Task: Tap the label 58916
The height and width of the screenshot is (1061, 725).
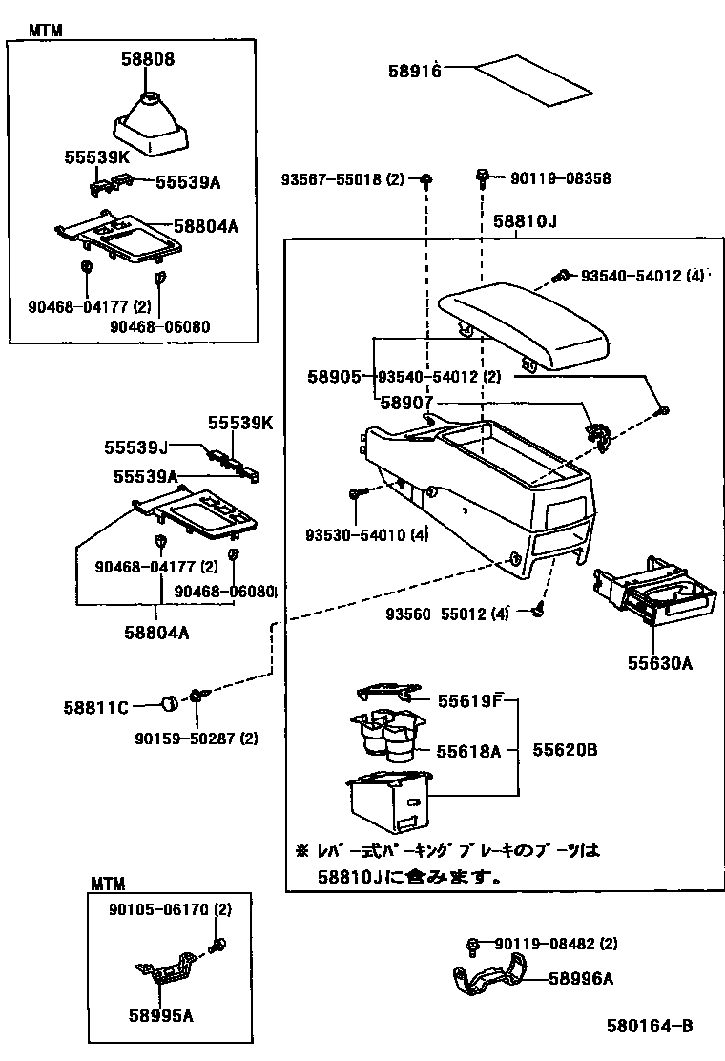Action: coord(414,72)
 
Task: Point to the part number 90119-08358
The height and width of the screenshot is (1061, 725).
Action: coord(560,178)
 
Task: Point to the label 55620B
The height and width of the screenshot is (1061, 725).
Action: coord(564,750)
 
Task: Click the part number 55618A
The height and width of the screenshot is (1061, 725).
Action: coord(468,751)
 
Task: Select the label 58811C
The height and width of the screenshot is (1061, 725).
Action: coord(96,707)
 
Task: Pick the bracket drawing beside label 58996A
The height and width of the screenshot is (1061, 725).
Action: coord(487,981)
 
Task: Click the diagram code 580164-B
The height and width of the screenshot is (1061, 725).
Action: coord(649,1027)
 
